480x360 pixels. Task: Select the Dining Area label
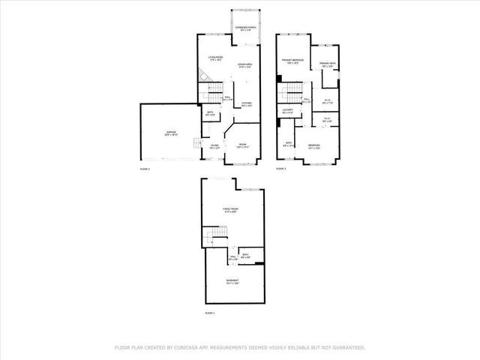(x=244, y=65)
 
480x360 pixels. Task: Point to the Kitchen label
(x=246, y=105)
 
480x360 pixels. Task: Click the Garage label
(x=171, y=133)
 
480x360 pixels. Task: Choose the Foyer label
(x=214, y=147)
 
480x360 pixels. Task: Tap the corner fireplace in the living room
(x=202, y=76)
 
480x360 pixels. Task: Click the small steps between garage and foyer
(x=196, y=145)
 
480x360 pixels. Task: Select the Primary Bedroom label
(x=292, y=61)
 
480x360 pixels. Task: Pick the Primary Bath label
(x=327, y=64)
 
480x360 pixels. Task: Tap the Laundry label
(x=287, y=112)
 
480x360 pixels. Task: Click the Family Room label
(x=230, y=209)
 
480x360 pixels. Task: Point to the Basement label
(x=232, y=282)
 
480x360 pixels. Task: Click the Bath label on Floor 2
(x=211, y=113)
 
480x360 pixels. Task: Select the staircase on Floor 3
(x=289, y=94)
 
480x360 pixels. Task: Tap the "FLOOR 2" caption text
(x=145, y=169)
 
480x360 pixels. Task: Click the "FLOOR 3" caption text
(x=280, y=169)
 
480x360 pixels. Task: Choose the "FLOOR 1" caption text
(x=209, y=312)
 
